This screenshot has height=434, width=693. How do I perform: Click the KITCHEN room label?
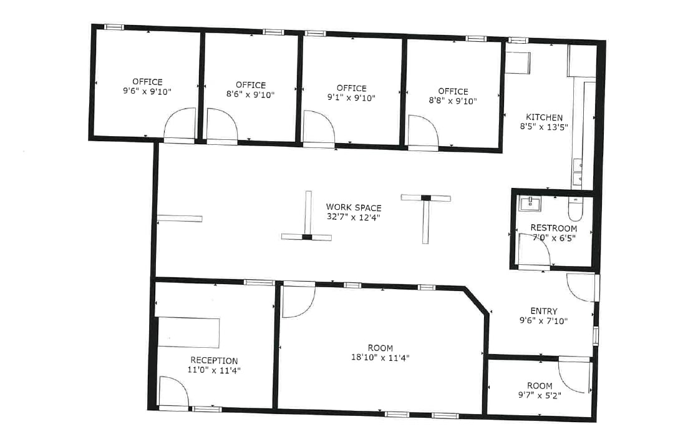pyautogui.click(x=544, y=117)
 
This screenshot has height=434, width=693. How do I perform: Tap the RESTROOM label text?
pyautogui.click(x=552, y=227)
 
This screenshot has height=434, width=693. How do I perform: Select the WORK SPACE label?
pyautogui.click(x=354, y=207)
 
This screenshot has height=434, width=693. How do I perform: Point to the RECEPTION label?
pyautogui.click(x=214, y=360)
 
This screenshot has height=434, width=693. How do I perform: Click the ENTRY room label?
pyautogui.click(x=544, y=311)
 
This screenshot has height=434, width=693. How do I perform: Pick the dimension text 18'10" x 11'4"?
pyautogui.click(x=380, y=358)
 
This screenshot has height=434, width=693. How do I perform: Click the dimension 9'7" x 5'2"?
pyautogui.click(x=540, y=395)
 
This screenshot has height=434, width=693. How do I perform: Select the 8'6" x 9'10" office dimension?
pyautogui.click(x=251, y=95)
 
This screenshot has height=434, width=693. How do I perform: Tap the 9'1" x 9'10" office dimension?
pyautogui.click(x=351, y=98)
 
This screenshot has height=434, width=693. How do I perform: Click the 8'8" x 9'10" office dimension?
pyautogui.click(x=453, y=101)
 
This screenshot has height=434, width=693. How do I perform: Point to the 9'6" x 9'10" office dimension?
pyautogui.click(x=147, y=91)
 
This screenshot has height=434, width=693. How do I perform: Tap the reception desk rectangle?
pyautogui.click(x=188, y=332)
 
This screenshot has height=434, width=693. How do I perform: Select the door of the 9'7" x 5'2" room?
pyautogui.click(x=573, y=375)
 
